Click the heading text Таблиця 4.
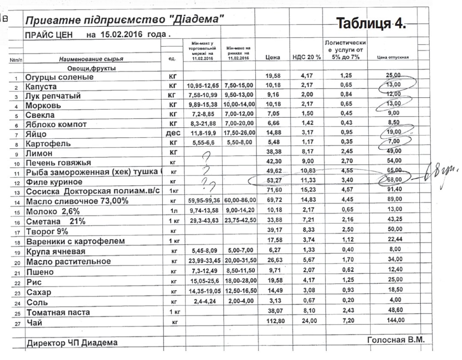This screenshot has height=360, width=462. (371, 24)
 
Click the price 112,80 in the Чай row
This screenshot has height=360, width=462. (273, 321)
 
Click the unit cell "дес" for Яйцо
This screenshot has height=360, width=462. (173, 133)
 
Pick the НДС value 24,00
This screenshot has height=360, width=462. (307, 321)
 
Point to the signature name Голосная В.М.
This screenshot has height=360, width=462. (396, 340)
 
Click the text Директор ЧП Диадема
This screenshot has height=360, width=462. (72, 342)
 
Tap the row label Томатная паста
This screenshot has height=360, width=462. (58, 312)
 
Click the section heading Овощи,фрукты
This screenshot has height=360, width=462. (91, 68)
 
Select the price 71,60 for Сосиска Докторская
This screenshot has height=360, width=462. (273, 189)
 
